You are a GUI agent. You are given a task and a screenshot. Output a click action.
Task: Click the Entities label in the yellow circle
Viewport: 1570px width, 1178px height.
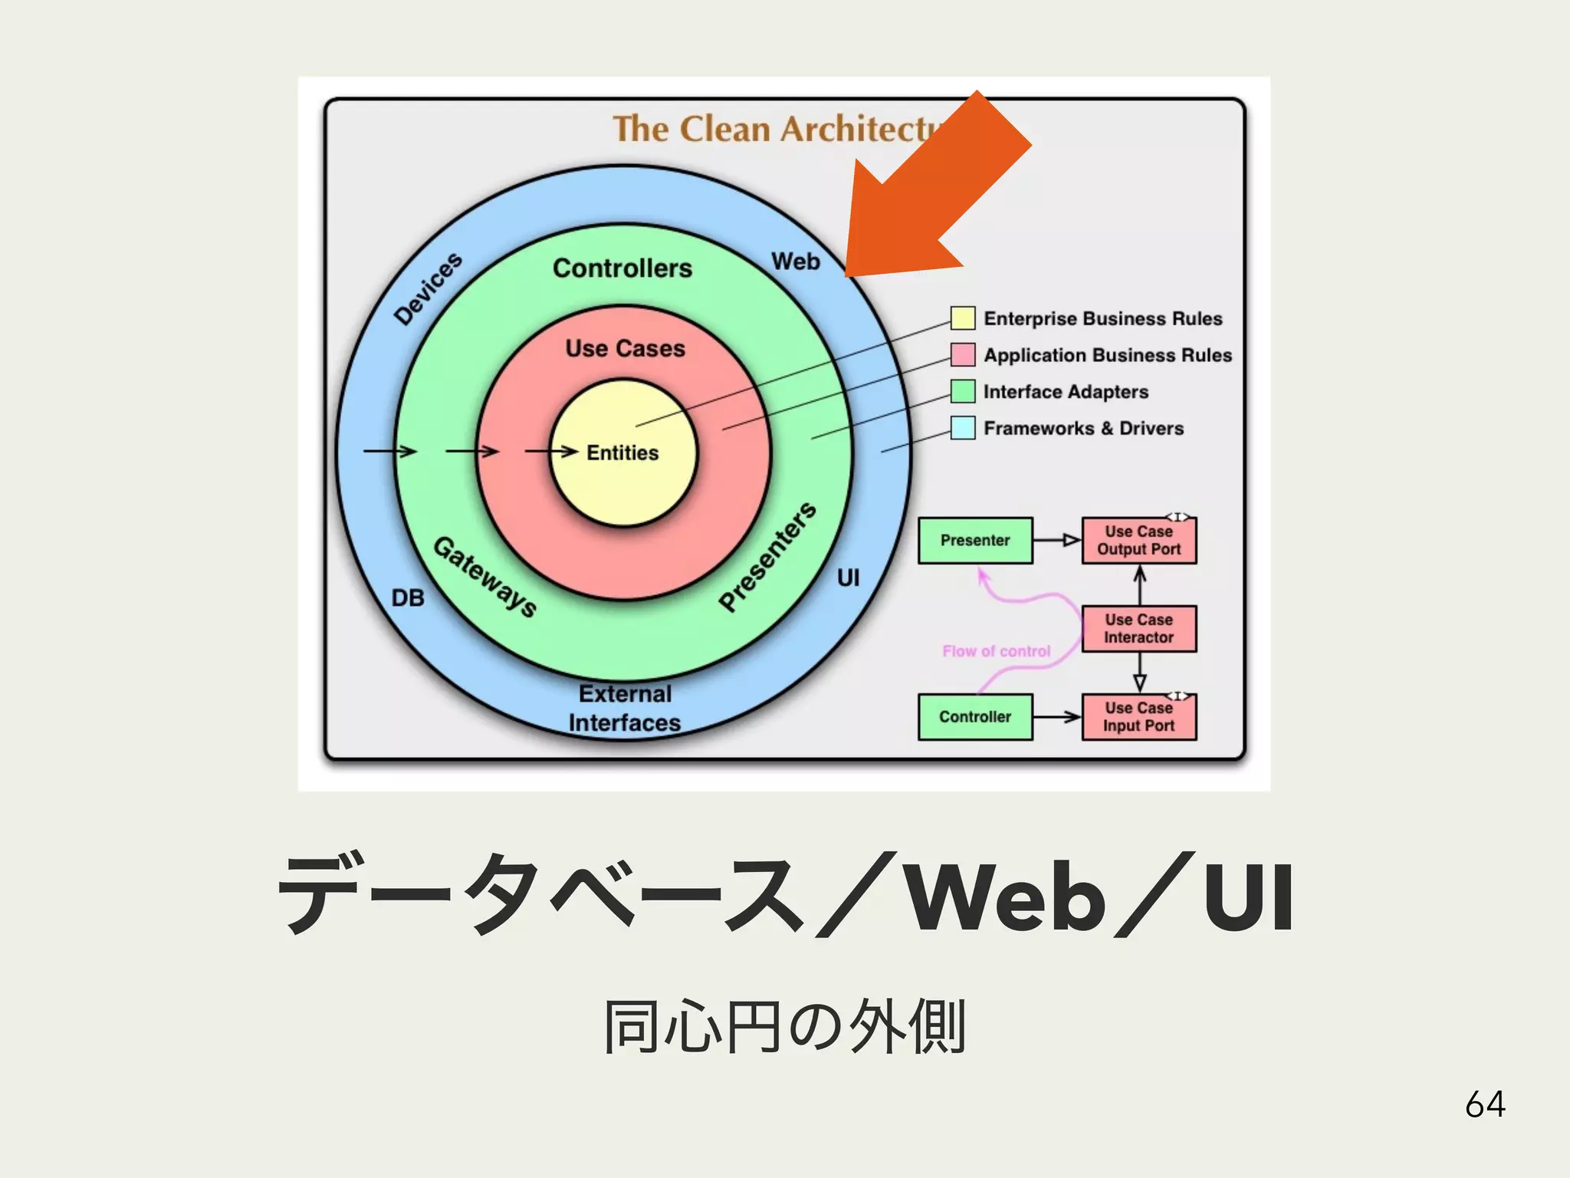point(622,453)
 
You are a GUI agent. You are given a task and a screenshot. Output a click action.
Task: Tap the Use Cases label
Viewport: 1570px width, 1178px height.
point(625,348)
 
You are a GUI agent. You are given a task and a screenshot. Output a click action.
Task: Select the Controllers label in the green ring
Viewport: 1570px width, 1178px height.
point(622,268)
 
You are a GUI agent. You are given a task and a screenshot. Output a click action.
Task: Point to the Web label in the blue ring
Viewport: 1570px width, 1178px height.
point(796,262)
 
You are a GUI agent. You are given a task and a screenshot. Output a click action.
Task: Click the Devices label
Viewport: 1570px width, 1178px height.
point(428,288)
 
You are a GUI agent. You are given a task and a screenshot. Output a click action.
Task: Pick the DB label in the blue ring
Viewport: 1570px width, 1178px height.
point(408,598)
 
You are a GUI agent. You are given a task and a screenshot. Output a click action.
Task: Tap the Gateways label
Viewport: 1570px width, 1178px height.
point(485,577)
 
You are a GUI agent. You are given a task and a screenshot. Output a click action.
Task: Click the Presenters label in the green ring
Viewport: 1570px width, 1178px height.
point(767,557)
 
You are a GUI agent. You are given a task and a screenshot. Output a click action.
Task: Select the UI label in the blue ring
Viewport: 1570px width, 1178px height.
point(848,577)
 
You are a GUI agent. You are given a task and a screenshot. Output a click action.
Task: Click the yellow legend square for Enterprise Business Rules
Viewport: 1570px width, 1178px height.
point(963,318)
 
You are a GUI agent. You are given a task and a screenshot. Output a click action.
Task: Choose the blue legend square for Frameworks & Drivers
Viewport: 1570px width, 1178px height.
point(963,428)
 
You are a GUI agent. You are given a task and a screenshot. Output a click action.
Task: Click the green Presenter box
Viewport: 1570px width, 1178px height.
point(975,541)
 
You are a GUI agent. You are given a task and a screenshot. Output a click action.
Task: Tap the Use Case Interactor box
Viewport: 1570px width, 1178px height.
point(1138,629)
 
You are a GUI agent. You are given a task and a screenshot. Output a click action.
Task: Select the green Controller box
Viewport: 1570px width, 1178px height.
point(975,717)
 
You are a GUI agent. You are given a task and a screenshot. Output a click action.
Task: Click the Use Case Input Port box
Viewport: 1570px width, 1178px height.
point(1138,717)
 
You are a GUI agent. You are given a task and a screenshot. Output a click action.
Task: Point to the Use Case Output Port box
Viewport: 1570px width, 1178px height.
point(1138,541)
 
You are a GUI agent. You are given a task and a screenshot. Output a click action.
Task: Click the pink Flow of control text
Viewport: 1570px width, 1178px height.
point(996,651)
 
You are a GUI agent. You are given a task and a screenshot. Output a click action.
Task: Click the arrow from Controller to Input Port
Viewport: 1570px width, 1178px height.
point(1056,717)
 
